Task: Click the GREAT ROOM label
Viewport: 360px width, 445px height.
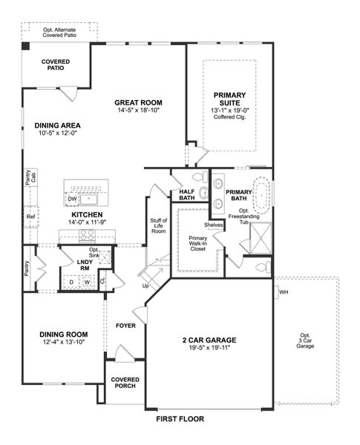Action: pos(138,102)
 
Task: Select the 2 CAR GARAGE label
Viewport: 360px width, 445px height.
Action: pos(209,340)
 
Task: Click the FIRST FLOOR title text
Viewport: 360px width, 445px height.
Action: pos(180,419)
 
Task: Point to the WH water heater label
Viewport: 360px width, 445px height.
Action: pos(284,292)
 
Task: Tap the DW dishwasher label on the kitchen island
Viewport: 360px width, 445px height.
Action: pos(73,199)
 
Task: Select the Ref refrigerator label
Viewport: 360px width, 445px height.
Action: pos(30,217)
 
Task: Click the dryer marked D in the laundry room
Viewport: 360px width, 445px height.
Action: pos(71,282)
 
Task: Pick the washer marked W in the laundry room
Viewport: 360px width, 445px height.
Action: pos(87,282)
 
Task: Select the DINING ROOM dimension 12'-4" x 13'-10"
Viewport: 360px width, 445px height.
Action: pos(62,343)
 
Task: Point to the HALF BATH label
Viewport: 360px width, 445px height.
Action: pos(187,194)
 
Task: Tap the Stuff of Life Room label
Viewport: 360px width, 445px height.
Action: pos(158,226)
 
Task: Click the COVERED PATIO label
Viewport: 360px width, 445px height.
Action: pos(56,64)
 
